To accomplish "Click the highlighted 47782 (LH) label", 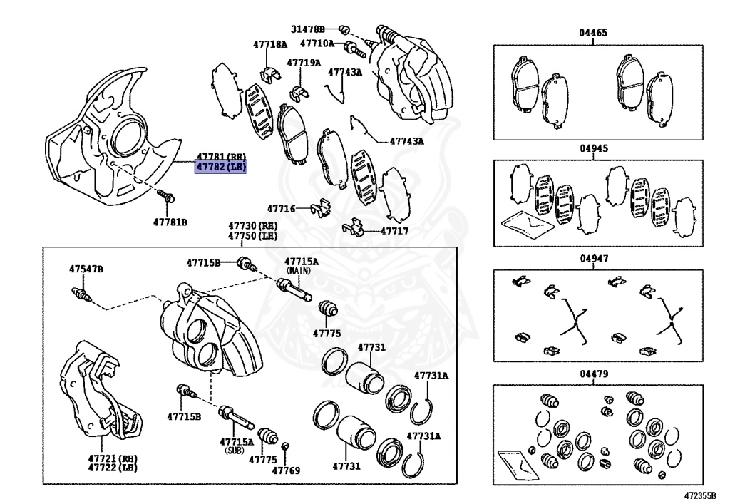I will pos(220,168).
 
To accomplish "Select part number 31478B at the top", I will pos(307,29).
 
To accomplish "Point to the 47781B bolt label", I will pos(169,222).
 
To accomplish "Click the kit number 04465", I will pos(594,34).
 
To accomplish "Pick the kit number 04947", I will pos(594,259).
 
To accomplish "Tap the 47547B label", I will pos(86,269).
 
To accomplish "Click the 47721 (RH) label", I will pos(113,458).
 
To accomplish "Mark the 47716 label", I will pos(281,209).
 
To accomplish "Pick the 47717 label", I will pos(394,231).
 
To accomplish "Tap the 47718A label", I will pos(269,44).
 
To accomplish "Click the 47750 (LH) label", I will pos(252,236).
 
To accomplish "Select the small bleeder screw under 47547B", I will pos(80,293).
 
